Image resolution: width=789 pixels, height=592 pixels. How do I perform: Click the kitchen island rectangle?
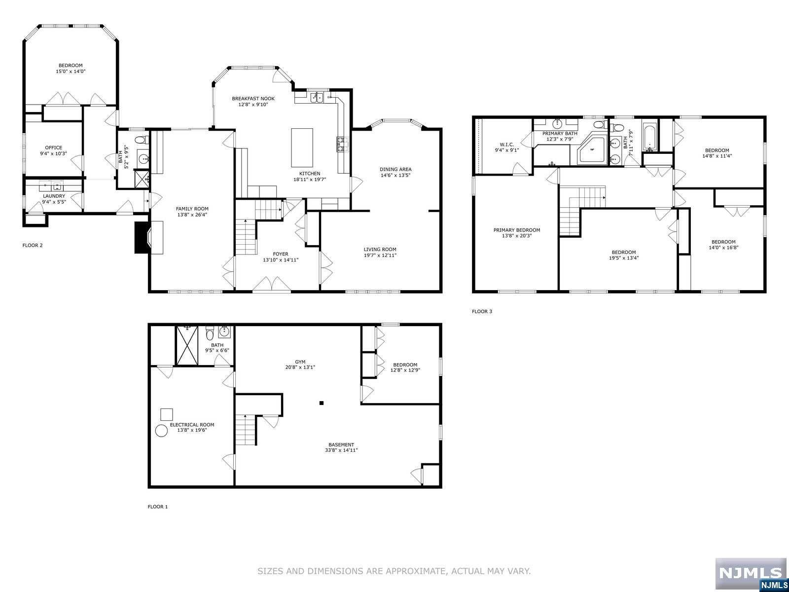pyautogui.click(x=302, y=148)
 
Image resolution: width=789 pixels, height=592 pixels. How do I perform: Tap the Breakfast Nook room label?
pyautogui.click(x=253, y=99)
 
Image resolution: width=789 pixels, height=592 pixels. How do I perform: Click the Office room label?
pyautogui.click(x=54, y=148)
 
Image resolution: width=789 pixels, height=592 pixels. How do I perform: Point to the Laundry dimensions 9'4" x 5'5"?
pyautogui.click(x=54, y=202)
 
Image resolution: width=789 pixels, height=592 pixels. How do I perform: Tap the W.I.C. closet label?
pyautogui.click(x=506, y=145)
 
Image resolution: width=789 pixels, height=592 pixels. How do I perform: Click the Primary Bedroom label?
pyautogui.click(x=516, y=230)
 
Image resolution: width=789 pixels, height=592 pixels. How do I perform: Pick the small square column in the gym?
pyautogui.click(x=322, y=403)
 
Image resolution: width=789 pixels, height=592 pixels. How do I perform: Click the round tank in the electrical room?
pyautogui.click(x=161, y=431)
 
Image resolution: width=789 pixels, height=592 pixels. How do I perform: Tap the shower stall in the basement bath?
pyautogui.click(x=188, y=345)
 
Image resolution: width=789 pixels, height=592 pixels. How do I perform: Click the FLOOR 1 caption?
pyautogui.click(x=158, y=507)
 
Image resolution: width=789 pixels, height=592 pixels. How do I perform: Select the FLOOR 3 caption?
pyautogui.click(x=482, y=311)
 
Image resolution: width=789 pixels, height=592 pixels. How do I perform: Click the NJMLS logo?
pyautogui.click(x=751, y=574)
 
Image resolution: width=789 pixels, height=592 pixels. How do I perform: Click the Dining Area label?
pyautogui.click(x=395, y=169)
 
